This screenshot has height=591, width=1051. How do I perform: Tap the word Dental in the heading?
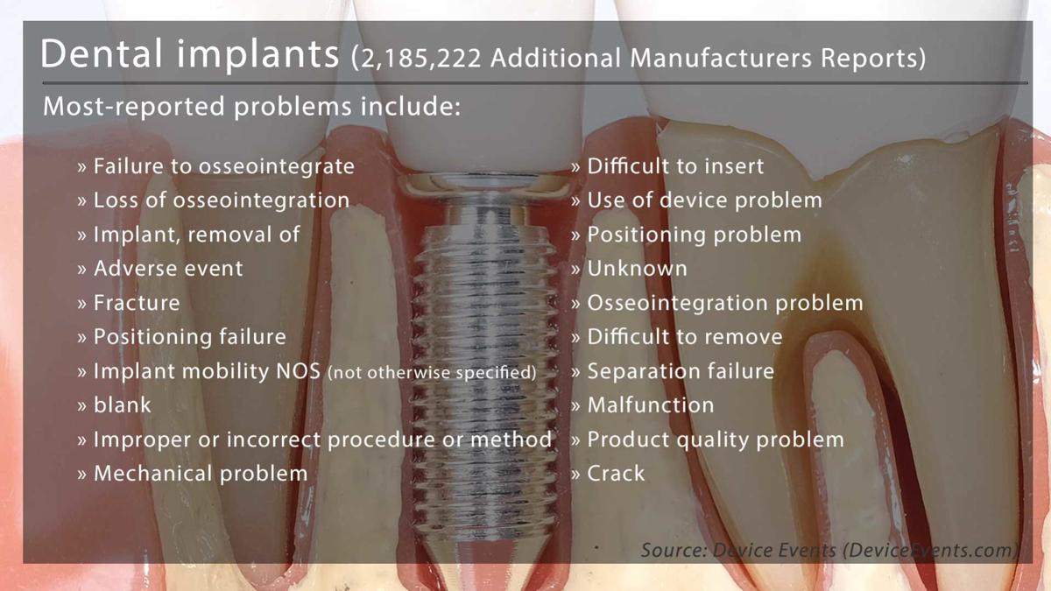point(102,53)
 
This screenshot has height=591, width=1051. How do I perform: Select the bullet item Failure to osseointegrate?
point(224,166)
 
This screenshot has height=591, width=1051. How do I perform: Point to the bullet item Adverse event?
point(168,269)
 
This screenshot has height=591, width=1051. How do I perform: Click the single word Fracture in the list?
point(137,303)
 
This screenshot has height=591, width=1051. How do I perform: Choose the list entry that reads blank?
point(123,405)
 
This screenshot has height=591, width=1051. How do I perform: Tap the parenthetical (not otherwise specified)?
point(432,372)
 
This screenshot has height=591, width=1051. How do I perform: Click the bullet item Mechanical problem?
point(201,474)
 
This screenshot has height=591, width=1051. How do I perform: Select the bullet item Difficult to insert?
point(675,166)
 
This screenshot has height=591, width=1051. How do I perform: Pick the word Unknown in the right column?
point(638,269)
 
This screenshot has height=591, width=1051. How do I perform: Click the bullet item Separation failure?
point(681,371)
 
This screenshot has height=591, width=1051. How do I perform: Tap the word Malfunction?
point(651,405)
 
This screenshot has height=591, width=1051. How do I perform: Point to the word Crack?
point(616,474)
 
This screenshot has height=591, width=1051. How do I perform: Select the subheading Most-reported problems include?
point(252,107)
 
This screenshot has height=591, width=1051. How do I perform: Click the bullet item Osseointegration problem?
point(725,303)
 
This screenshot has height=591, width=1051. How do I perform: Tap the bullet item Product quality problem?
point(716,440)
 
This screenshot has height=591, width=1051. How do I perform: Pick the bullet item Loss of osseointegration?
point(222,201)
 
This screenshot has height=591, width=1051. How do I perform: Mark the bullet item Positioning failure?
point(190,337)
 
